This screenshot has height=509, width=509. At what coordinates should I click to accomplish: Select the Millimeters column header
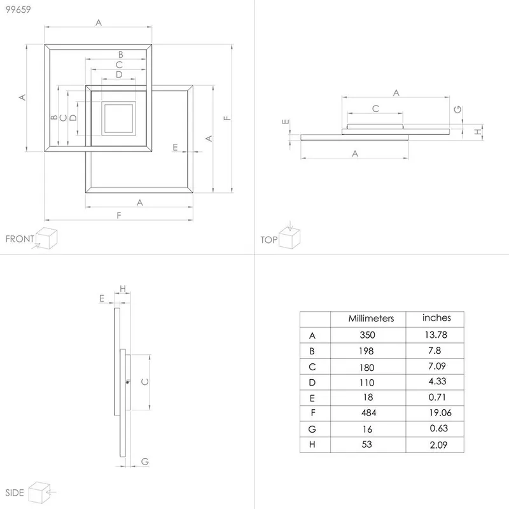pos(371,318)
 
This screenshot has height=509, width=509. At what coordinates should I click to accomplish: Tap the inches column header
pos(436,317)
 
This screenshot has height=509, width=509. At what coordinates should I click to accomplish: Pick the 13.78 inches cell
pos(436,335)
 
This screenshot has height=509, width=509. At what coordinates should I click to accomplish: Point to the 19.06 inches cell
pos(436,414)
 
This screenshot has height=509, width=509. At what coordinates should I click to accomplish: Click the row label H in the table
pos(312,445)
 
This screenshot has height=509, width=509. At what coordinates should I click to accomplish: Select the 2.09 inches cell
pos(436,445)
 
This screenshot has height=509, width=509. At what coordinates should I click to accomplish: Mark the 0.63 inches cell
pos(436,429)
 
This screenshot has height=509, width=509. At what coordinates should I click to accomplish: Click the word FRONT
pos(20,239)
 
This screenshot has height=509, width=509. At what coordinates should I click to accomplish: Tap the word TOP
pos(268,240)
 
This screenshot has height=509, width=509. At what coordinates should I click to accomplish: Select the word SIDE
pos(15,493)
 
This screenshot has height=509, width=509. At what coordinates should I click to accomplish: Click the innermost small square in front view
pos(118,118)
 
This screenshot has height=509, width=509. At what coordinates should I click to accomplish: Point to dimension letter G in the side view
pos(144,461)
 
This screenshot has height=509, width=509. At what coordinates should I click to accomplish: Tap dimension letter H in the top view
pos(477,132)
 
